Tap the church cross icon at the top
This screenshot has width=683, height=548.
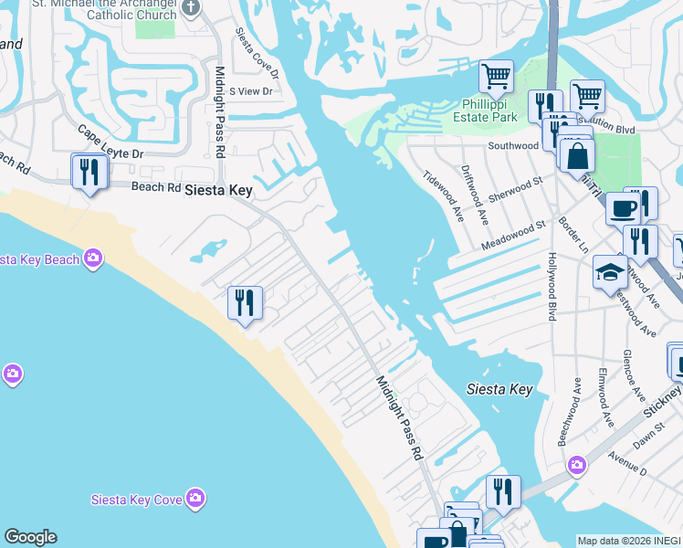coord(191,7)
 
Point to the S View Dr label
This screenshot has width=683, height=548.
coord(251,91)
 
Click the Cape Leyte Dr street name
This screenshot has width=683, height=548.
coord(110,142)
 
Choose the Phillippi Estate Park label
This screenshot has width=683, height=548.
coord(485,111)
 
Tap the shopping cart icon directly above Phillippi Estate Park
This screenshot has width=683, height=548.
coord(496,77)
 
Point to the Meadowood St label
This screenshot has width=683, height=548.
coord(514,236)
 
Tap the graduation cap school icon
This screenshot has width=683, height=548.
coord(610,272)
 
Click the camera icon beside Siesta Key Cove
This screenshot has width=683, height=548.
coord(194,498)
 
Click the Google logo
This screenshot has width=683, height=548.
coord(30,537)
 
